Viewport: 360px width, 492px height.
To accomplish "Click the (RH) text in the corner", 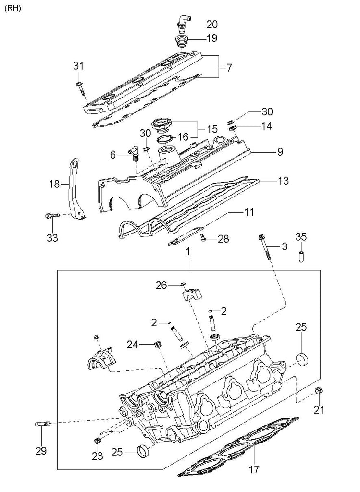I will (13, 8).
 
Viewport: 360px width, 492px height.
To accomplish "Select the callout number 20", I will (212, 24).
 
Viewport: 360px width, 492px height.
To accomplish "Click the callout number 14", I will (266, 126).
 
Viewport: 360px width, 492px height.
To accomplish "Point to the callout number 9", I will (280, 152).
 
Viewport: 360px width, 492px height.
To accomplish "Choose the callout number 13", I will (283, 181).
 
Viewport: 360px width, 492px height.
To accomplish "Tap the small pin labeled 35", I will (301, 254).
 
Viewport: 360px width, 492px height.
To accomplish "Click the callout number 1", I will (188, 251).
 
